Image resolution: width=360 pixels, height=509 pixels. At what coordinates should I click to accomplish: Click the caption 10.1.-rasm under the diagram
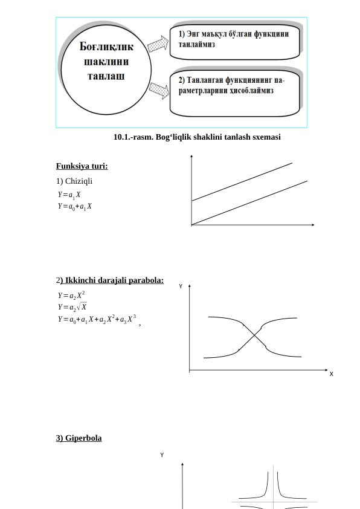tap(197, 137)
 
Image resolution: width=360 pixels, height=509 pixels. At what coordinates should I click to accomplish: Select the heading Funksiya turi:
tap(78, 166)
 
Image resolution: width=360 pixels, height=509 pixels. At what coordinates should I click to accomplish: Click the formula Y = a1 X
tap(69, 195)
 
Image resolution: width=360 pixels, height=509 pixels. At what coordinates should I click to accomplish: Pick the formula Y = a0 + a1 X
tap(75, 206)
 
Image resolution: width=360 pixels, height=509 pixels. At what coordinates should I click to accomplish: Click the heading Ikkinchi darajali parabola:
tap(111, 280)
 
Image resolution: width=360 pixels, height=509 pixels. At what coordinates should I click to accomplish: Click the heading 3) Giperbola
tap(79, 438)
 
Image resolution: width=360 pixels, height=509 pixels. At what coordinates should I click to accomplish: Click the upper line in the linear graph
tap(242, 181)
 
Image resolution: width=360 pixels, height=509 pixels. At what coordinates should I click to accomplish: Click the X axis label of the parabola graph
tap(331, 374)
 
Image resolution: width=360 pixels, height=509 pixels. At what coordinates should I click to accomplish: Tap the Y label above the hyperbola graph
tap(162, 454)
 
